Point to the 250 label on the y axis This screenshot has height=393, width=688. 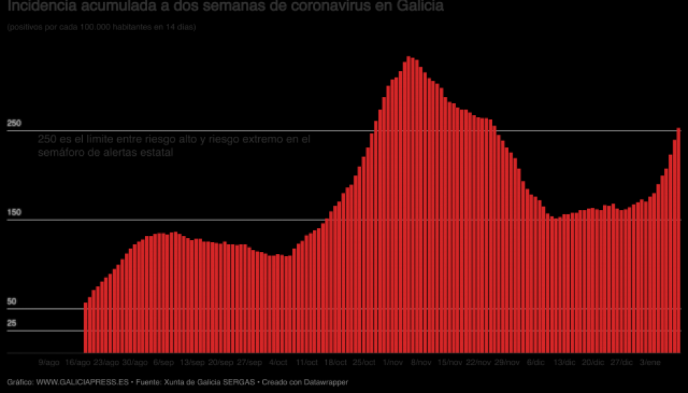(14, 124)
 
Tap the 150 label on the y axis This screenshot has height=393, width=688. (14, 212)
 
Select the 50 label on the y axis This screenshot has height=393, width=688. (11, 301)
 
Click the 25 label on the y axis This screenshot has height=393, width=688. (11, 324)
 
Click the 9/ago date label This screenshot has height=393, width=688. (49, 363)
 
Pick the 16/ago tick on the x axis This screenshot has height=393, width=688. (77, 363)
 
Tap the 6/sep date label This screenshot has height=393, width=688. (163, 363)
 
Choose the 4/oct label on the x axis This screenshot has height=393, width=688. (278, 363)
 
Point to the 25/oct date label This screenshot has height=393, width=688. (363, 363)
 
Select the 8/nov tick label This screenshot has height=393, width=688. (421, 363)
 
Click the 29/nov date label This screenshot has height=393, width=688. (507, 363)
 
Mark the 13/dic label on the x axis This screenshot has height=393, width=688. (565, 363)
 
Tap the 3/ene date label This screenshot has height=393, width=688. (650, 363)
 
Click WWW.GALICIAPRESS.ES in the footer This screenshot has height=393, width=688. (82, 382)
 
